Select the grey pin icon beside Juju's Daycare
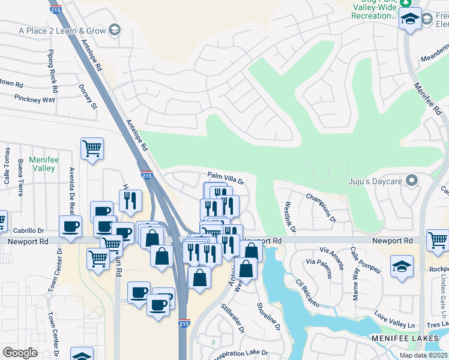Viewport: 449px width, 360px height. [412, 180]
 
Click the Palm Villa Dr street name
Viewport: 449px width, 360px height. [226, 178]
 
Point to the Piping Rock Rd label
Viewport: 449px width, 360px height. [53, 71]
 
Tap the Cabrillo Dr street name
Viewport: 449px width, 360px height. [29, 230]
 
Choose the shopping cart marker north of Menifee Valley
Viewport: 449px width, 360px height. [92, 148]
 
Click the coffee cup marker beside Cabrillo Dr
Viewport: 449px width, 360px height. [71, 226]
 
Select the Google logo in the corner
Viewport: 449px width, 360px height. [20, 352]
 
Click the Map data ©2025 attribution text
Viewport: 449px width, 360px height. [423, 355]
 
